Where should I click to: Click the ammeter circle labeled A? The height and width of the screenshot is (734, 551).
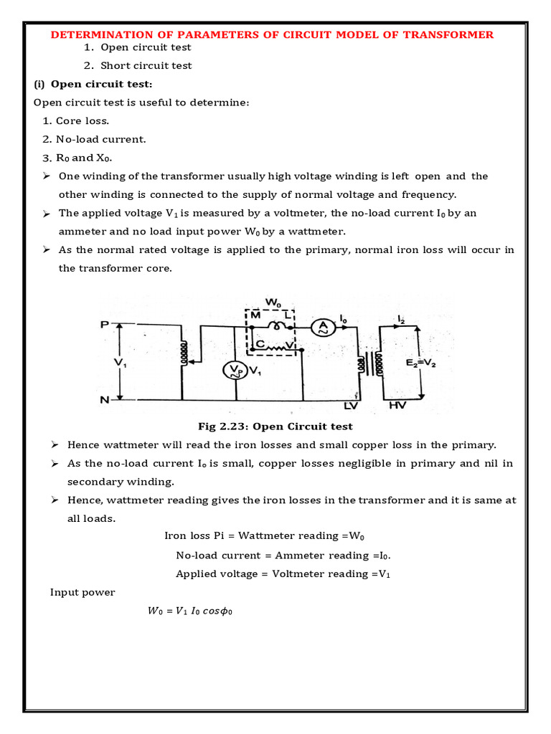323,326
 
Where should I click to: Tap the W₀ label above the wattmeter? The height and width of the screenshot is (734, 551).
273,303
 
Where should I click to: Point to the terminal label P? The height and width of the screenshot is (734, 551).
104,324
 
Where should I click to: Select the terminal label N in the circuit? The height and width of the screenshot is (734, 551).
104,400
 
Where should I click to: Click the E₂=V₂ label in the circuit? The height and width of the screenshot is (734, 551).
425,363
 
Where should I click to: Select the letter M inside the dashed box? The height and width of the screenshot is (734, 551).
255,316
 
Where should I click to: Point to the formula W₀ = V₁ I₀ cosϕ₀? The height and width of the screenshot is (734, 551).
191,611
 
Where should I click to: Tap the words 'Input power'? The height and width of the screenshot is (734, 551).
83,592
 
